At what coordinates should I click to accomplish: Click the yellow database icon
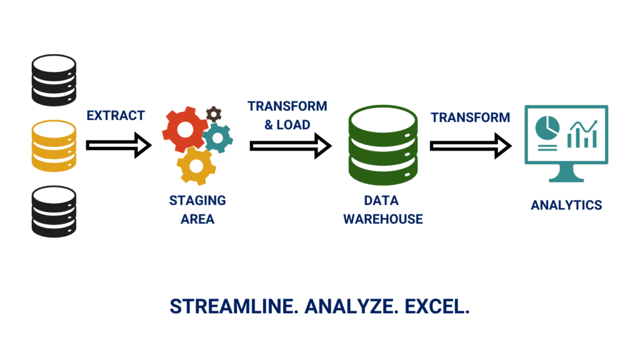(54, 146)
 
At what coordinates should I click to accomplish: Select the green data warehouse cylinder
(383, 145)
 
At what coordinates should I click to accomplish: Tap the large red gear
(185, 129)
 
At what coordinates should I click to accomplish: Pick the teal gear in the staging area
(217, 138)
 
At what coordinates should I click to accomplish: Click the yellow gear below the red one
(196, 166)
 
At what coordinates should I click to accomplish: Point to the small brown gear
(214, 114)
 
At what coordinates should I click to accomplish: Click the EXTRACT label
(116, 116)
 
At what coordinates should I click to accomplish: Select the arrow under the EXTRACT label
(119, 145)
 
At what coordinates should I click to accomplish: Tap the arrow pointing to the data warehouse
(291, 146)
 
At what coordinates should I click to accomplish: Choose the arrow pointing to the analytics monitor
(471, 146)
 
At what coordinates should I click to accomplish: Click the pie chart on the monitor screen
(547, 127)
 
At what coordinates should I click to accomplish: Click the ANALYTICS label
(566, 205)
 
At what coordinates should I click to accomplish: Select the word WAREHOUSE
(383, 219)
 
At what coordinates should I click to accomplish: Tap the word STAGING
(197, 201)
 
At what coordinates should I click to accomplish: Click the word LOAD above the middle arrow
(293, 124)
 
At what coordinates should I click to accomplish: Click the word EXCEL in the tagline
(437, 306)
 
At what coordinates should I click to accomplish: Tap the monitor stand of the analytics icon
(566, 173)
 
